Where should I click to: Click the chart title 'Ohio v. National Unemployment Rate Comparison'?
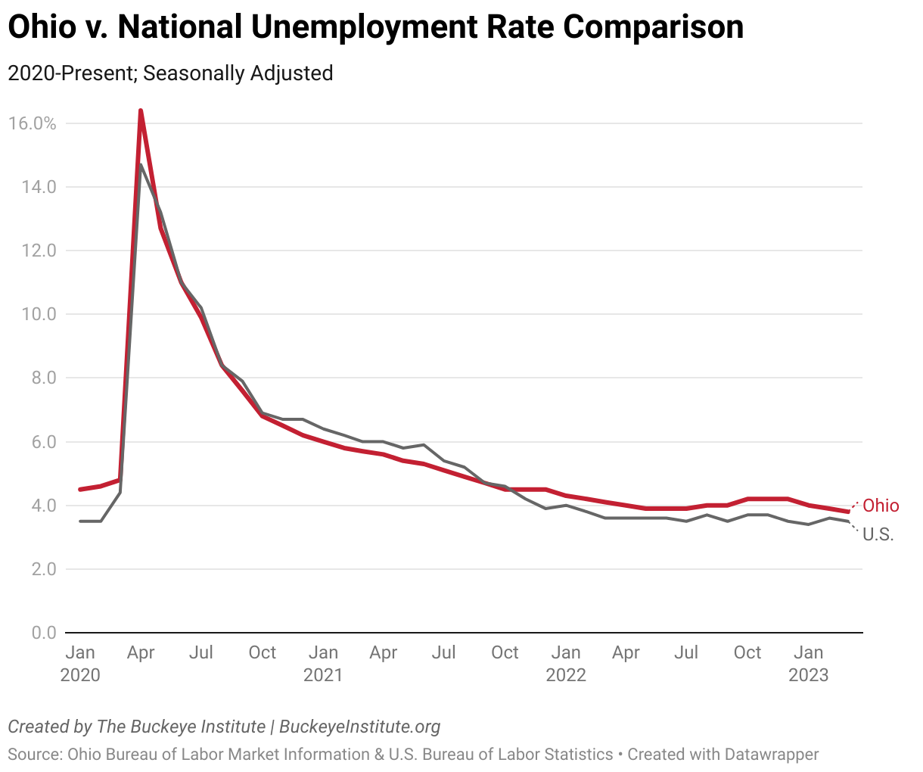(x=375, y=28)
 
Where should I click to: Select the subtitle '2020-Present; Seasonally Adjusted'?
(x=170, y=73)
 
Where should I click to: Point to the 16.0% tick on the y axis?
(x=32, y=123)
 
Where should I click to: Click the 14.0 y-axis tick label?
(x=35, y=187)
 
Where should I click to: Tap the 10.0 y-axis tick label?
(x=35, y=314)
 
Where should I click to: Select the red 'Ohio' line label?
(x=881, y=506)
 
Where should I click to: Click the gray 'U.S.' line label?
(x=878, y=534)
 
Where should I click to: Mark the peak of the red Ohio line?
(x=141, y=111)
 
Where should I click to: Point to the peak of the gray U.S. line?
(x=141, y=165)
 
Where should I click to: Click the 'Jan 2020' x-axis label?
(x=80, y=663)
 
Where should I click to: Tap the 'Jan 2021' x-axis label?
(x=323, y=663)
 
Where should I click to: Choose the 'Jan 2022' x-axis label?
(x=566, y=663)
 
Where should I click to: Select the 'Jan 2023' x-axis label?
(x=809, y=663)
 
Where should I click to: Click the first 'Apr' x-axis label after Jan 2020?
(x=141, y=652)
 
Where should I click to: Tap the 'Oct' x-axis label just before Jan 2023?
(x=747, y=652)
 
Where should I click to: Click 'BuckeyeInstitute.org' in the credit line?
(x=359, y=727)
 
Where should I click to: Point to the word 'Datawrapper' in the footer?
(x=771, y=755)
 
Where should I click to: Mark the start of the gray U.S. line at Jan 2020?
(x=81, y=521)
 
